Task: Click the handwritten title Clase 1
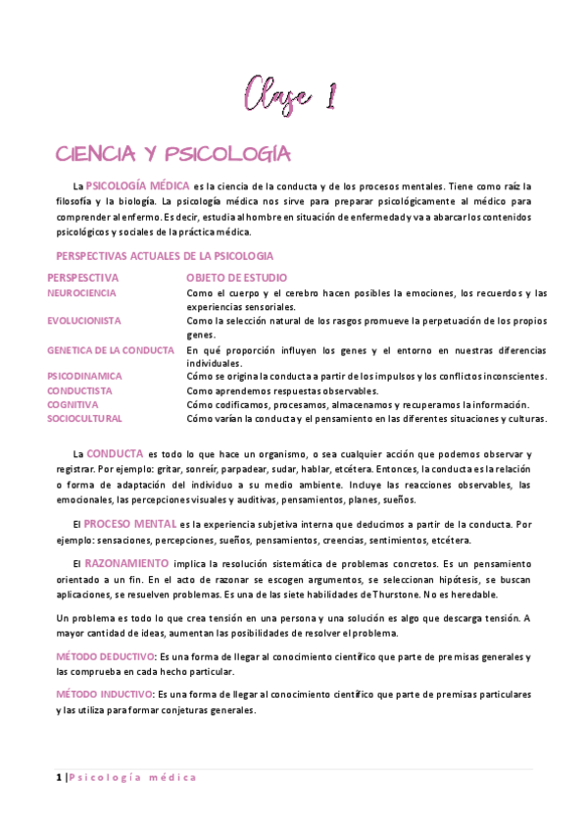pyautogui.click(x=292, y=96)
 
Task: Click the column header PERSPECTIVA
pyautogui.click(x=82, y=278)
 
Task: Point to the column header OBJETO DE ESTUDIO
pyautogui.click(x=236, y=278)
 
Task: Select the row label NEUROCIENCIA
pyautogui.click(x=81, y=292)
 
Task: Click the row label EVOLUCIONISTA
pyautogui.click(x=84, y=321)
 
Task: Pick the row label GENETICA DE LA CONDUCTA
pyautogui.click(x=111, y=349)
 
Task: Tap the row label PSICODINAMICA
pyautogui.click(x=84, y=376)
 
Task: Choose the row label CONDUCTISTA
pyautogui.click(x=79, y=390)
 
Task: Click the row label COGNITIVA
pyautogui.click(x=73, y=404)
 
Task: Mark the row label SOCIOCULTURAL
pyautogui.click(x=84, y=419)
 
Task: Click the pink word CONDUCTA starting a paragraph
pyautogui.click(x=115, y=453)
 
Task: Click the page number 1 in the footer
pyautogui.click(x=59, y=778)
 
